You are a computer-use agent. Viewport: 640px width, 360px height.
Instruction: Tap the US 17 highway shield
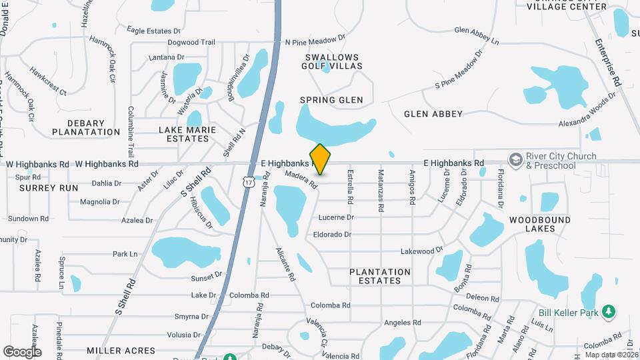[x=248, y=182]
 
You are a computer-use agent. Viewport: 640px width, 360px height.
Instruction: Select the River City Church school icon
[x=515, y=160]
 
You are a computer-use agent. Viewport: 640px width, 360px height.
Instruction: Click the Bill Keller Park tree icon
[x=607, y=312]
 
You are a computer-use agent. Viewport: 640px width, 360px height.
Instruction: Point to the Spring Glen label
[x=331, y=100]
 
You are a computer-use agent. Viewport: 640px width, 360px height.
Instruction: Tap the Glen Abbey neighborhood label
[x=433, y=114]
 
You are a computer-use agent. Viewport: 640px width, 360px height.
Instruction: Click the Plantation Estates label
[x=380, y=276]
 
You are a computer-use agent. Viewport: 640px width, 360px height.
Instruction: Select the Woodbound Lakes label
[x=540, y=224]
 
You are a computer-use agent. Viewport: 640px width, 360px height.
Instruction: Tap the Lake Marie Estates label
[x=183, y=134]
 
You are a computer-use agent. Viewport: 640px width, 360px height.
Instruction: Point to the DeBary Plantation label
[x=85, y=127]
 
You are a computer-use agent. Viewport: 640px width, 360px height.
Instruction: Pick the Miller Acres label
[x=121, y=350]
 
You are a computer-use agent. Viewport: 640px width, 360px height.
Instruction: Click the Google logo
[x=22, y=351]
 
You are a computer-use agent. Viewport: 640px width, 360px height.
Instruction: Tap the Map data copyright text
[x=612, y=355]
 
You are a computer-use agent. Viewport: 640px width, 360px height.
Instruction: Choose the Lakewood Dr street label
[x=421, y=251]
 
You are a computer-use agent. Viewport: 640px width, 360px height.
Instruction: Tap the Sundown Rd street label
[x=27, y=218]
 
